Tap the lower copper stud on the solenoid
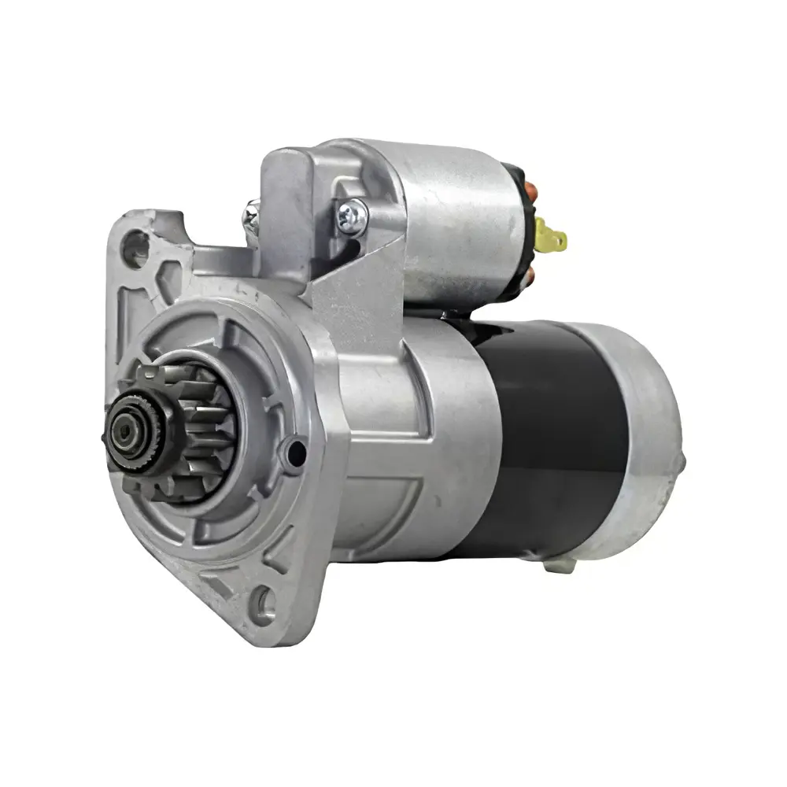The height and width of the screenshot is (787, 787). (x=529, y=275)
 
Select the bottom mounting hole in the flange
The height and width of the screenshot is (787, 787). (x=265, y=604)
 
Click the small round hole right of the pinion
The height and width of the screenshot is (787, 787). (x=296, y=452)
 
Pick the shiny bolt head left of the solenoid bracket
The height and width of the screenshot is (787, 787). (x=250, y=212)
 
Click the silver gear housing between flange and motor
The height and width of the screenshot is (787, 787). (x=409, y=441)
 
